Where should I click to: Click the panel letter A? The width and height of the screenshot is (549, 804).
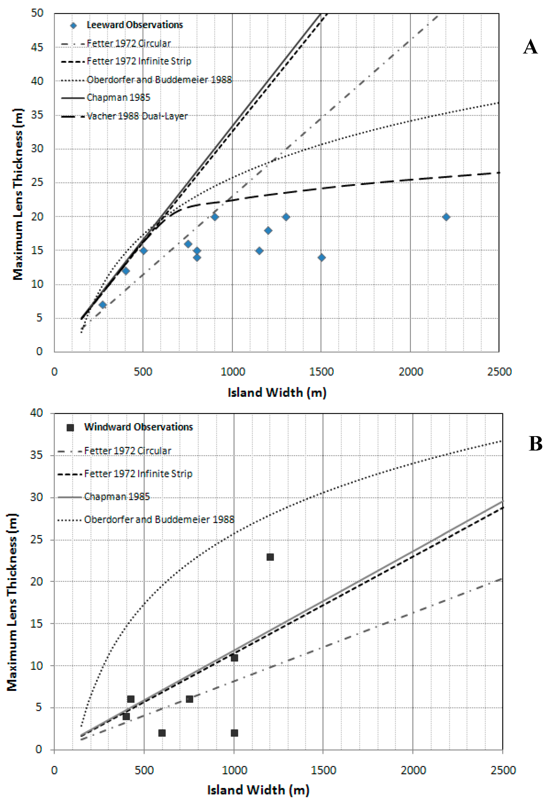point(530,47)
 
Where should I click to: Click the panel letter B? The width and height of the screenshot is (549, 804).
point(535,443)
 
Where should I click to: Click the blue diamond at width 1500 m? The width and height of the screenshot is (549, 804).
point(322,257)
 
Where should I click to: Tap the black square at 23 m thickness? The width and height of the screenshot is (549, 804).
point(270,557)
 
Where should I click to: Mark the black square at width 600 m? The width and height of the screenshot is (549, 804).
point(162,733)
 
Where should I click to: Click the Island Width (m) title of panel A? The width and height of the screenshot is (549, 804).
point(277,393)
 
